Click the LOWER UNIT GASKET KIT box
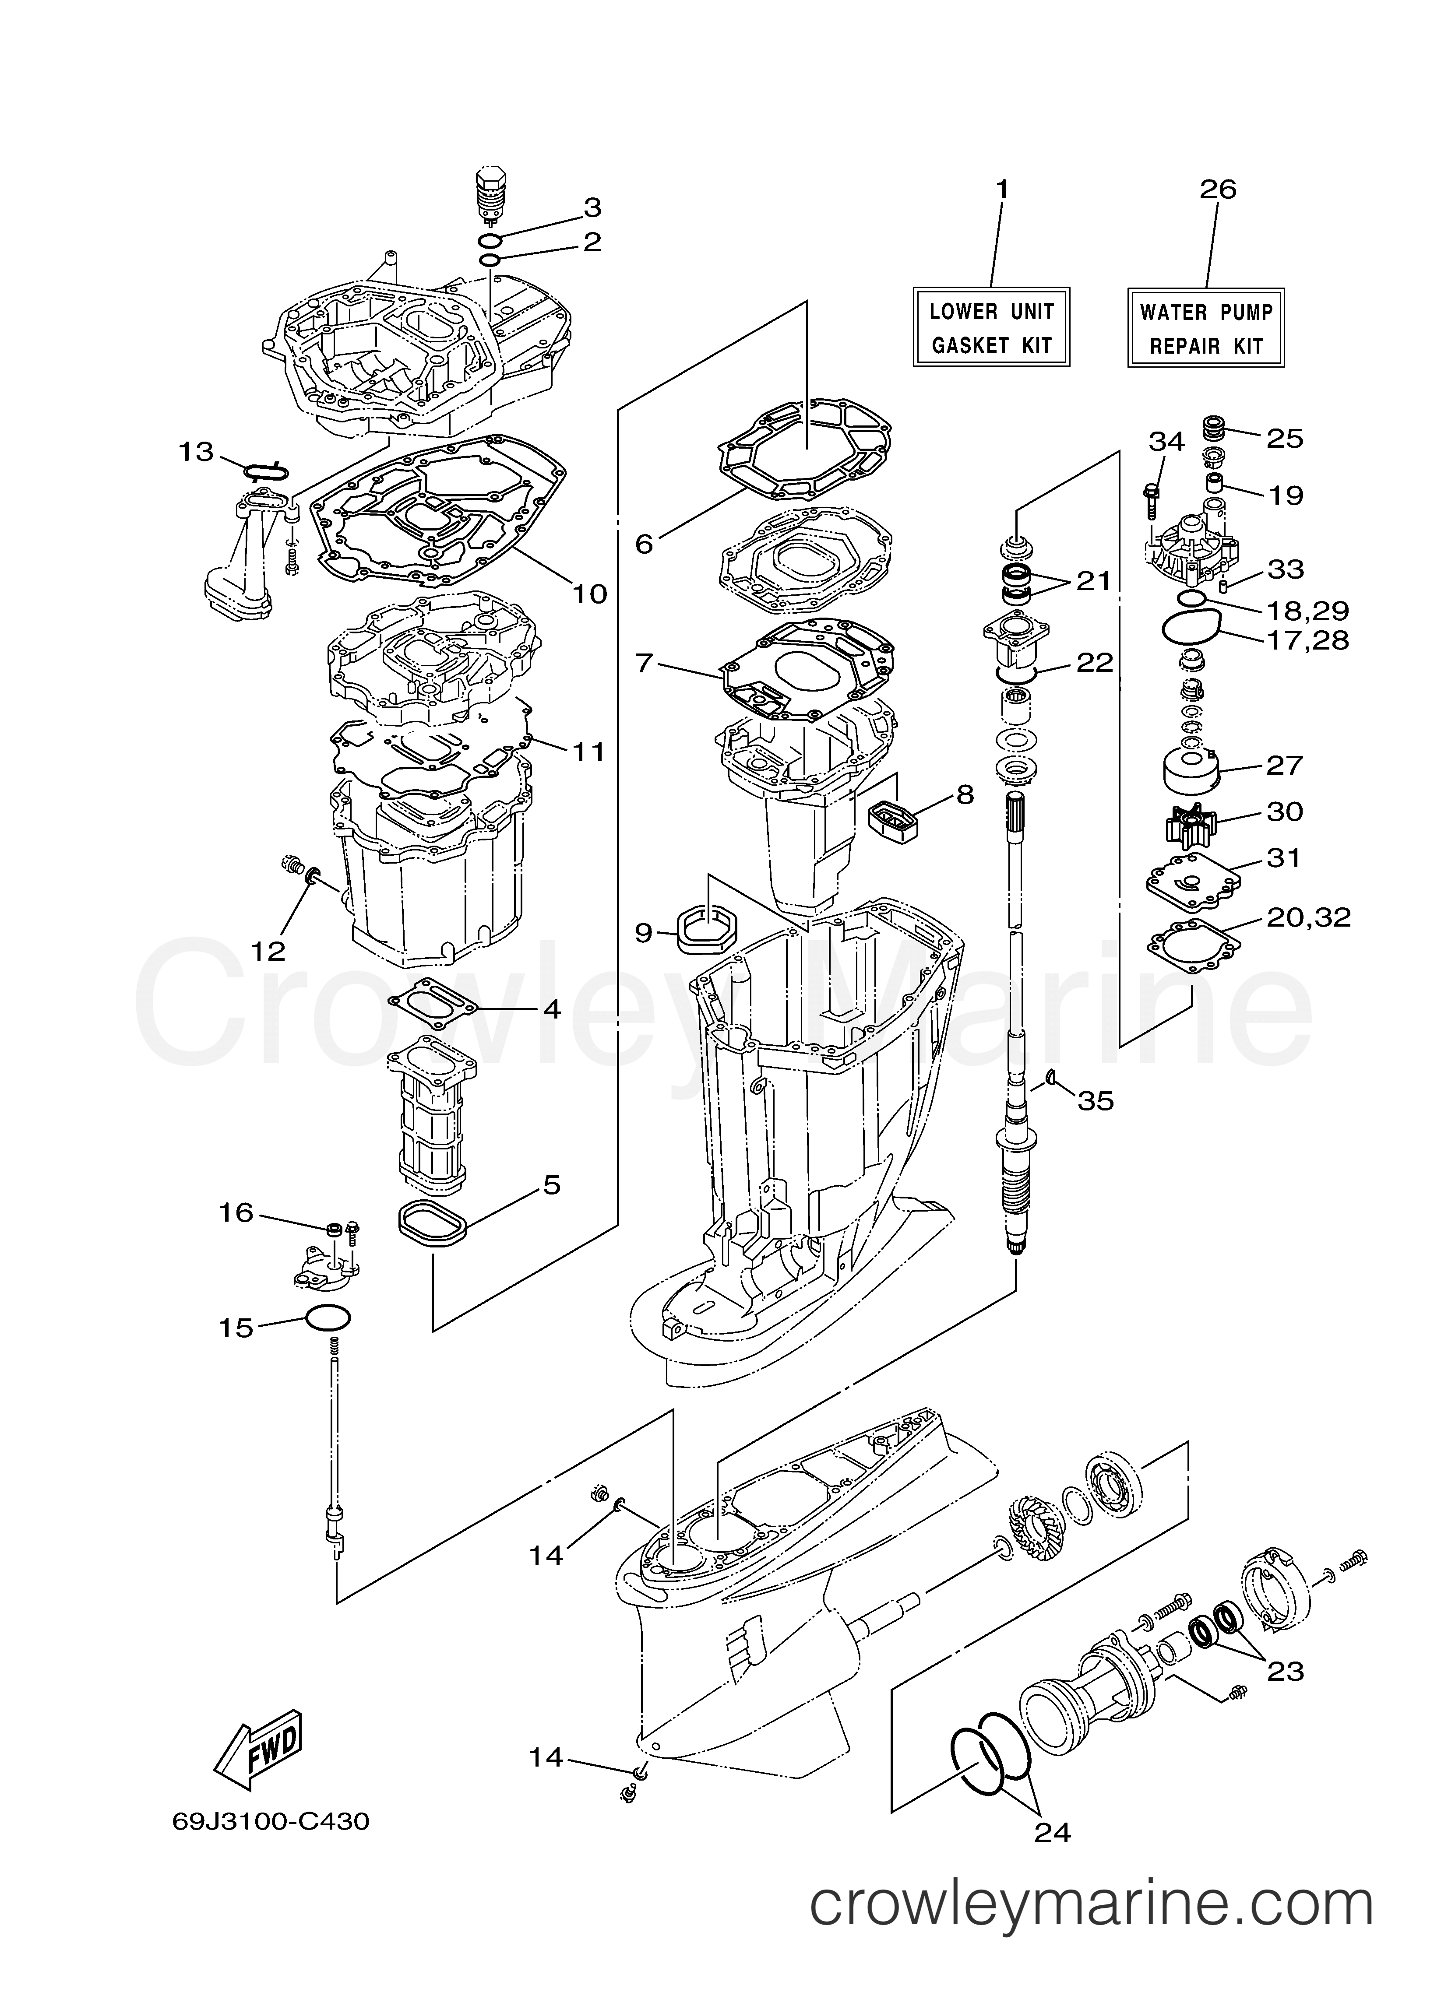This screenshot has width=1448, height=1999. (991, 327)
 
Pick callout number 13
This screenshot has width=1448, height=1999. (196, 452)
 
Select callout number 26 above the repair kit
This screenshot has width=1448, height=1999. (1218, 190)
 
